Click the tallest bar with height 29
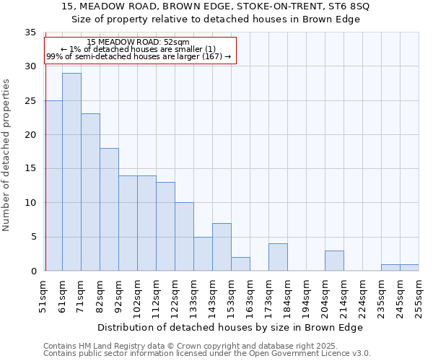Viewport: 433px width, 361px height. coord(71,172)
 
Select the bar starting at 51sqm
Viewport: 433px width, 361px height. coord(53,186)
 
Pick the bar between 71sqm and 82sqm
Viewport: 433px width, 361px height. coord(90,192)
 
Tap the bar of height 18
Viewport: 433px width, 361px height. coord(109,209)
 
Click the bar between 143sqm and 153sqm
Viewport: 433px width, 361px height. coord(222,247)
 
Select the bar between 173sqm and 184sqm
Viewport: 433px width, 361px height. coord(278,257)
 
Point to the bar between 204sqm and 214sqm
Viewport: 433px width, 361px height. coord(334,261)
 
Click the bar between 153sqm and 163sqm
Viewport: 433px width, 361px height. coord(240,264)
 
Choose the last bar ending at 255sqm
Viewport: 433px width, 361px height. coord(409,268)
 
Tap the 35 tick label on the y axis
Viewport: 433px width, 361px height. coord(30,32)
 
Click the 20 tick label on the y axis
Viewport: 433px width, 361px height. coord(30,135)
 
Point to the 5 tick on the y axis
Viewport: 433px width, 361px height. coord(32,237)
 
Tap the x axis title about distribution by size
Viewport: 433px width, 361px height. coord(229,327)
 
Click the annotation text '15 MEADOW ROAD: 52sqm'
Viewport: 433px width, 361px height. coord(138,43)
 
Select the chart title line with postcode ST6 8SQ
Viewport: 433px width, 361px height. coord(216,6)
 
